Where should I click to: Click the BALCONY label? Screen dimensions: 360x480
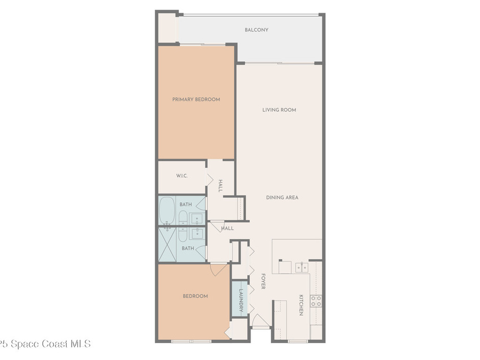click(256, 30)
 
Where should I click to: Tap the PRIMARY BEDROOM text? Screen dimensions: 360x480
click(196, 99)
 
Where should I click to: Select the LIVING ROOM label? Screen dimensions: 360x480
click(279, 110)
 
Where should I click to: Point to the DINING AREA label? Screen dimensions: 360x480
click(282, 198)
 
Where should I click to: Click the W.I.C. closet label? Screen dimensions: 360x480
click(182, 176)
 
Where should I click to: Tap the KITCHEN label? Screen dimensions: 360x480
click(301, 305)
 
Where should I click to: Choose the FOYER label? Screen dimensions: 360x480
click(263, 281)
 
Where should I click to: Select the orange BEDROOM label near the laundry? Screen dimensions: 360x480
click(195, 296)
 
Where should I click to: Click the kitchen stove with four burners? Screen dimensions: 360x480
click(316, 301)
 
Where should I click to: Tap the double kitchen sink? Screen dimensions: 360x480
click(301, 267)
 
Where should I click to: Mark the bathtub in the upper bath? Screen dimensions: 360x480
click(167, 211)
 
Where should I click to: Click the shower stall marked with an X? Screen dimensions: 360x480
click(167, 245)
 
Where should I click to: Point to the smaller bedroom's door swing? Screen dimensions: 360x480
click(218, 269)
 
